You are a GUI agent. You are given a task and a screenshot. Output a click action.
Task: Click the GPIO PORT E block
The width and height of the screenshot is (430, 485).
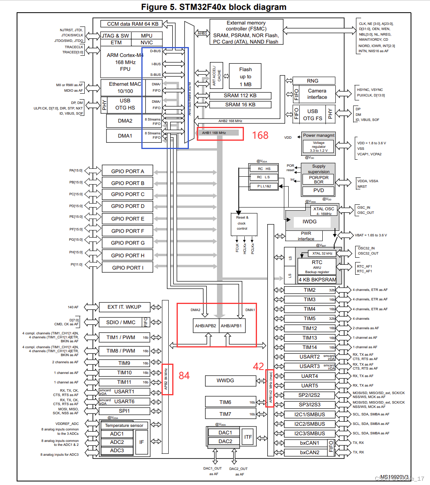(127, 219)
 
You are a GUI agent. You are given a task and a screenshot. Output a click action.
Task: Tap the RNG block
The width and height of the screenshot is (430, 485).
(312, 81)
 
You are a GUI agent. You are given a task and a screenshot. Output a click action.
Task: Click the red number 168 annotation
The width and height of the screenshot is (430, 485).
(260, 135)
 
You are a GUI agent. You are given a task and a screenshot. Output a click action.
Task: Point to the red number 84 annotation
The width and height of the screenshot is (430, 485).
(184, 376)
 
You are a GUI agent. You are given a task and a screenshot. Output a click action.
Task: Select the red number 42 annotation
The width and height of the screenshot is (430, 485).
(259, 366)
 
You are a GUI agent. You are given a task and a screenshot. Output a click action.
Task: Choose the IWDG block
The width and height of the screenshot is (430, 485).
(310, 221)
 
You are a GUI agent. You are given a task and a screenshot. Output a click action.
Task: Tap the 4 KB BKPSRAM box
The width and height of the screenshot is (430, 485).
(317, 279)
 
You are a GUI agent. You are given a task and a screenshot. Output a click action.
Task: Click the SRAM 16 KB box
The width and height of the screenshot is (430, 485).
(240, 104)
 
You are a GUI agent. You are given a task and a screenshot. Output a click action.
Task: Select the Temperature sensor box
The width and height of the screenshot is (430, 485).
(124, 425)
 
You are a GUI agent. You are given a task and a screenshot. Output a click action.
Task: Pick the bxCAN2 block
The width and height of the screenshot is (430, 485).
(309, 452)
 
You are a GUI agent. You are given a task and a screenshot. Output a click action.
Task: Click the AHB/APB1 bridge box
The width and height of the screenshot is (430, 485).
(231, 326)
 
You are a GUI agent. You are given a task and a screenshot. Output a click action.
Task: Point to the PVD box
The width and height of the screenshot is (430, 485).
(318, 190)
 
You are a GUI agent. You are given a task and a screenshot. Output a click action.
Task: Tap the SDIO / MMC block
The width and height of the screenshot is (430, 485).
(121, 322)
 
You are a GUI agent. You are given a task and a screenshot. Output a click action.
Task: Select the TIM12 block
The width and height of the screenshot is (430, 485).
(310, 328)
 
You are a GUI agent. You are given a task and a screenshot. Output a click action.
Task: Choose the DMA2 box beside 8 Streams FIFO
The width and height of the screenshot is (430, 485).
(125, 121)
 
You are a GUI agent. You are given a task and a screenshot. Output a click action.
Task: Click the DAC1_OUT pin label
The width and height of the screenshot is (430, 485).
(213, 468)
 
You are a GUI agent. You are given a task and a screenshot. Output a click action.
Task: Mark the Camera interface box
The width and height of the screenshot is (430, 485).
(317, 94)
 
